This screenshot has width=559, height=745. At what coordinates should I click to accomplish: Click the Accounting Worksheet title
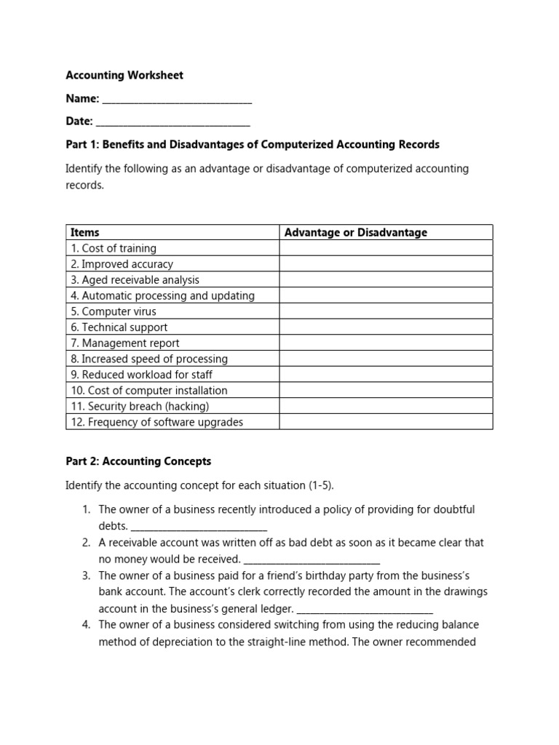click(x=124, y=75)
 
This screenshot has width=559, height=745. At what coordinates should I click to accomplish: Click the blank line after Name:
click(x=177, y=100)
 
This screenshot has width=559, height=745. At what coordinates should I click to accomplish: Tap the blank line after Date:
click(x=173, y=122)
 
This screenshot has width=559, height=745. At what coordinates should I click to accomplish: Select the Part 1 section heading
click(x=253, y=145)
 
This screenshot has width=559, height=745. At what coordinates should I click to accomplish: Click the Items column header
click(x=85, y=233)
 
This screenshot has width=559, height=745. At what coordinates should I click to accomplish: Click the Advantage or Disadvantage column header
click(x=355, y=233)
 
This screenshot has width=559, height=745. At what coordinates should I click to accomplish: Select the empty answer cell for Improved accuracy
click(x=386, y=264)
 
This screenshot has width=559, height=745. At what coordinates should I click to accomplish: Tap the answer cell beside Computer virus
click(x=386, y=311)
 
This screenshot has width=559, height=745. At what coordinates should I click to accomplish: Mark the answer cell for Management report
click(x=386, y=343)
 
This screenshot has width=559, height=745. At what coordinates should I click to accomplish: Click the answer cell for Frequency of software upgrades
click(x=386, y=422)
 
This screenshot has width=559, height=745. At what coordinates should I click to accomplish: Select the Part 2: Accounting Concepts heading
click(x=138, y=461)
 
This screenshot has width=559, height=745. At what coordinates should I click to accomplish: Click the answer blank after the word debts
click(x=199, y=527)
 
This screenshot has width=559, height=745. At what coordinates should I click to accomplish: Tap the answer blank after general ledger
click(x=365, y=609)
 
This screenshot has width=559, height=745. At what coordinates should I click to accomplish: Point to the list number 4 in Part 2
click(x=86, y=625)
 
